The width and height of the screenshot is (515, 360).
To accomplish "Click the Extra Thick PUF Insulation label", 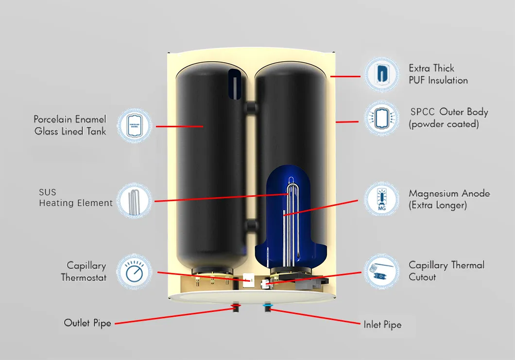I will coord(438,74).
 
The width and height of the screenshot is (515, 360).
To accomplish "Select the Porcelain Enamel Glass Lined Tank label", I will coord(70,125).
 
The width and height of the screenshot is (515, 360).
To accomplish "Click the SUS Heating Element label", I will coord(75,198).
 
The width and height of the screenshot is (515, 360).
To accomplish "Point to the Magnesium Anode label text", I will coord(448,199).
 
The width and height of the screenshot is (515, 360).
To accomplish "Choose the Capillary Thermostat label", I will coord(84,272).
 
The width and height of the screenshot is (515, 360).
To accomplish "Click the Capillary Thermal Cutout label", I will coord(446,271).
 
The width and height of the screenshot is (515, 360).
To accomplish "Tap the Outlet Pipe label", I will coord(87,323).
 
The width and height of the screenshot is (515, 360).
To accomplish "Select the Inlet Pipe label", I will coord(382,325).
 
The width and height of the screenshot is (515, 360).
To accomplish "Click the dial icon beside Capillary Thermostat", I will coord(135,272).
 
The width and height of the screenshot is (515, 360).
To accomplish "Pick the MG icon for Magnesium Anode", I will coord(381,199).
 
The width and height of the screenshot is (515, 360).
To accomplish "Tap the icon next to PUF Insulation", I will coord(382,74).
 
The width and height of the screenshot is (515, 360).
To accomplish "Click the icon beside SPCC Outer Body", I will coord(382,118).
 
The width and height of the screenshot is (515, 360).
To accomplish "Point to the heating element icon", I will coord(135,200).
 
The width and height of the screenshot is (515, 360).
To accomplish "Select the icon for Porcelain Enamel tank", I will coord(135,125).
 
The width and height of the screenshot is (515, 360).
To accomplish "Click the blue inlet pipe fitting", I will coord(266,307).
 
